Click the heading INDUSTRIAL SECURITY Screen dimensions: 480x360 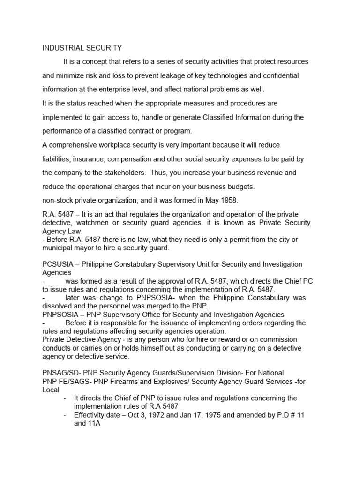82,48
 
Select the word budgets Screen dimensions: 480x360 239,187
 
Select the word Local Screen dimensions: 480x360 51,390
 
